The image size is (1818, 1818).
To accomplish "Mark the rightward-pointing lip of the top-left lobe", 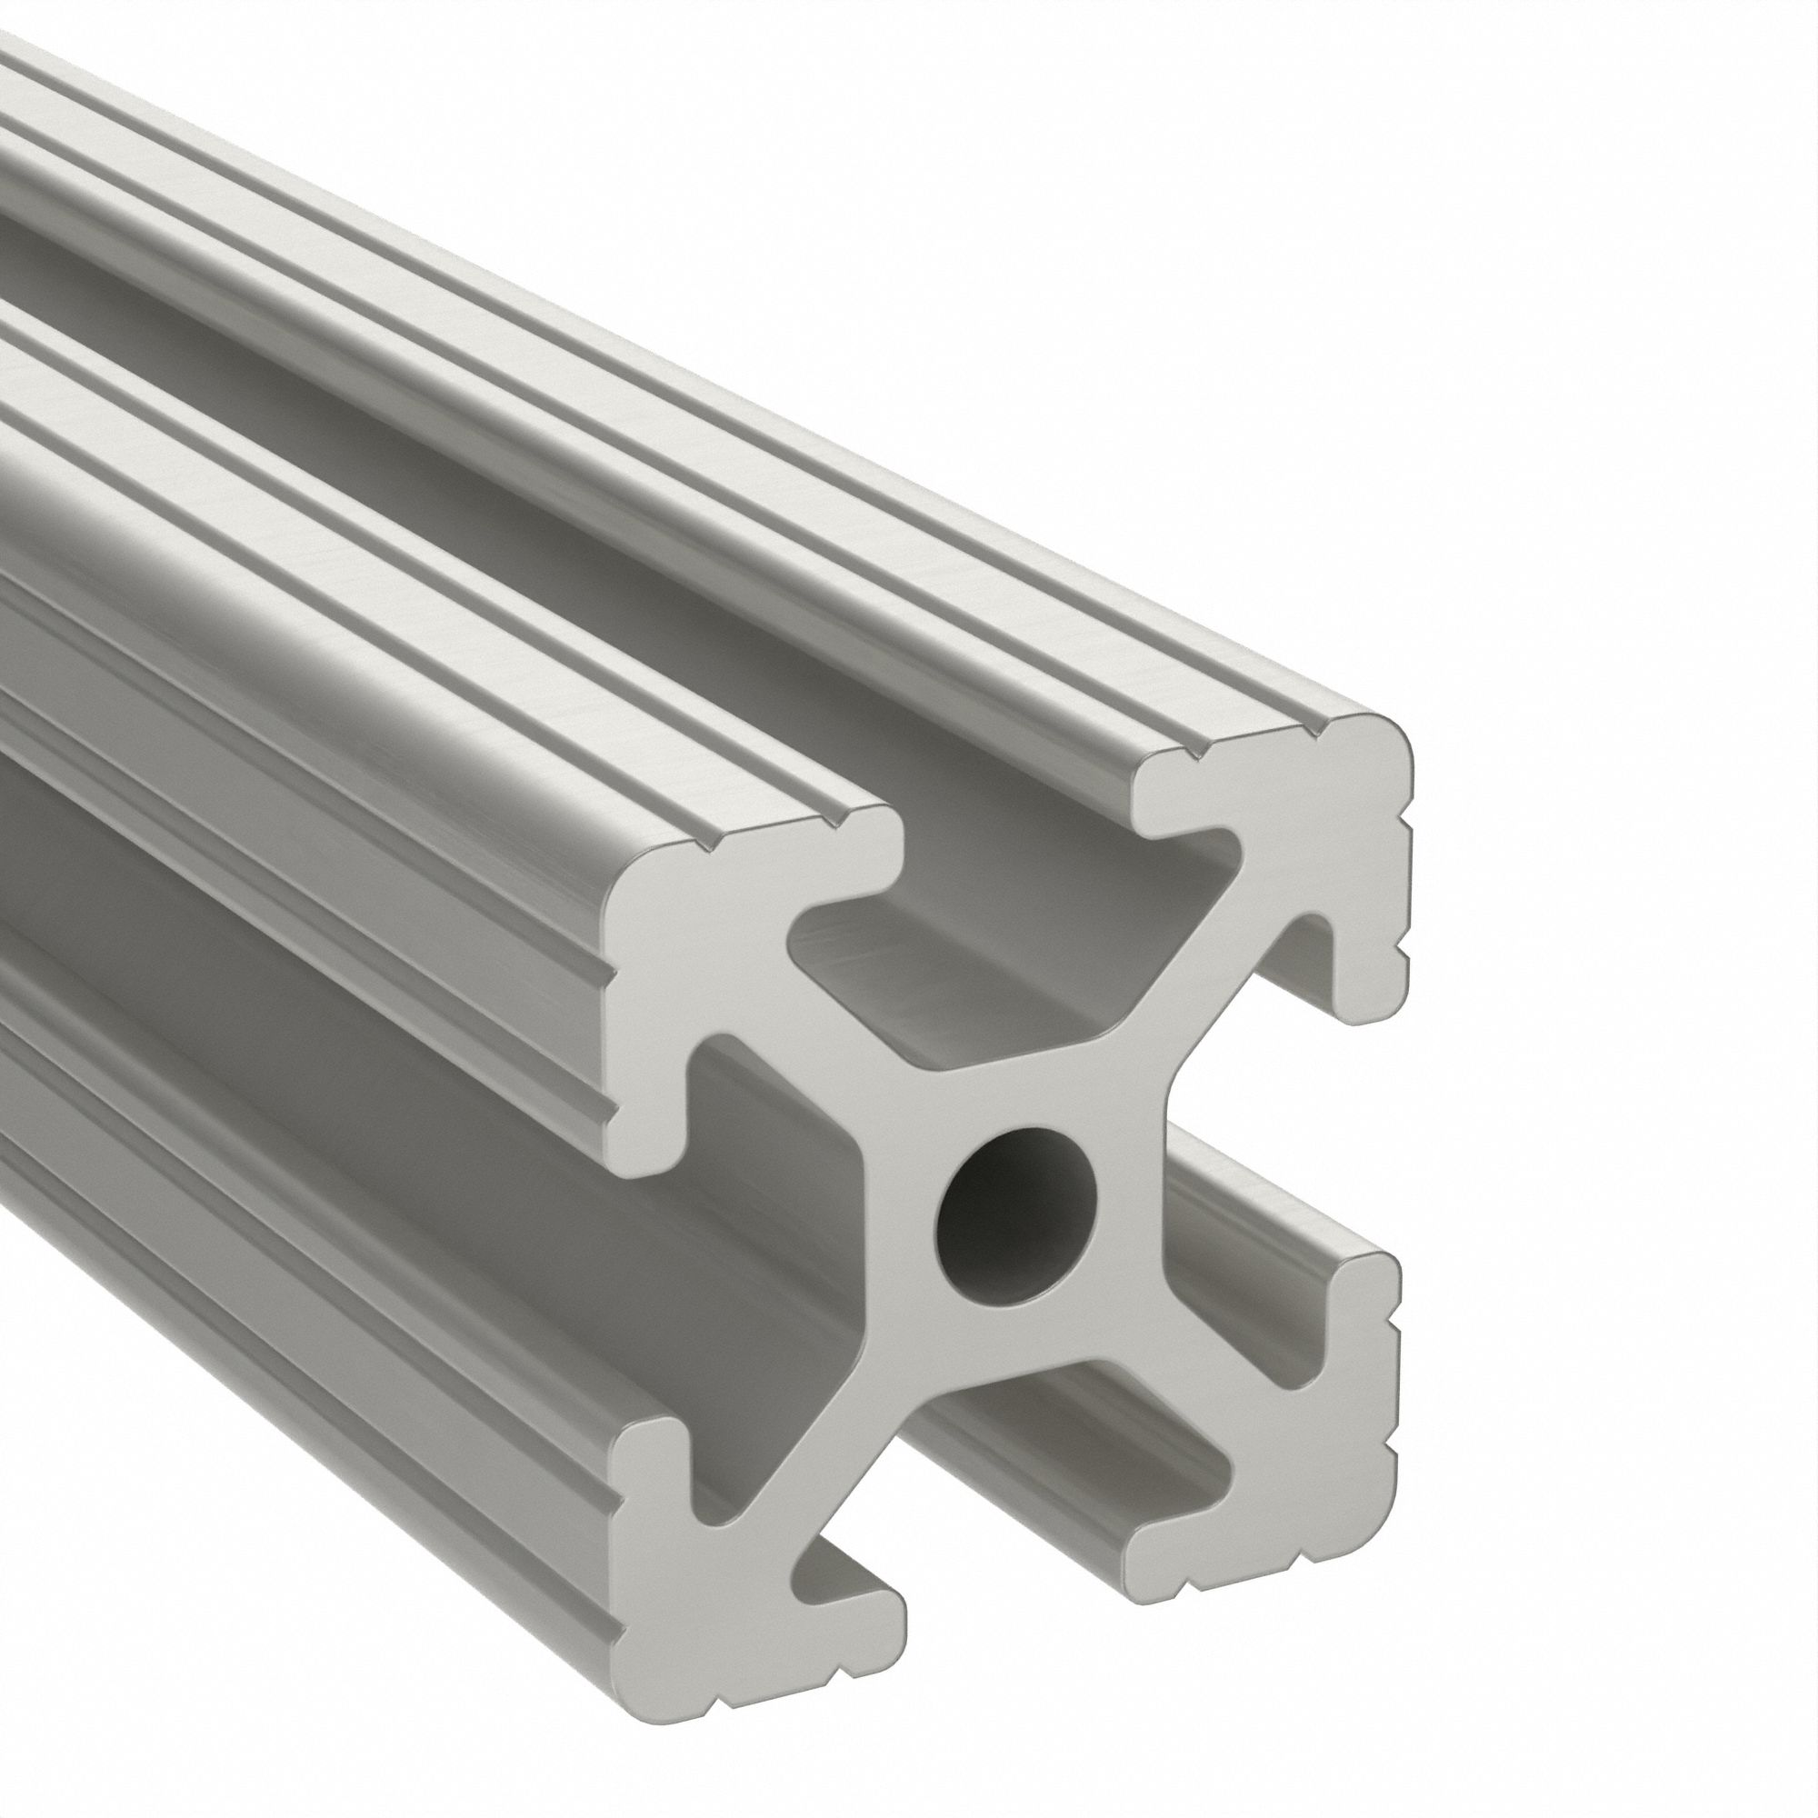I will [x=847, y=847].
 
